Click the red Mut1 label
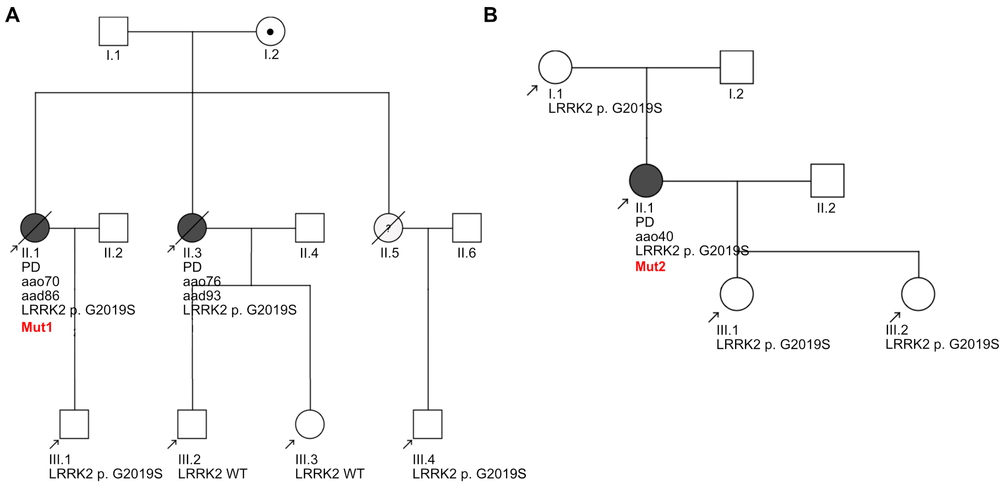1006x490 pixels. (37, 327)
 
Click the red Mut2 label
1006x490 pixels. (650, 266)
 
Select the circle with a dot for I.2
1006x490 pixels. (270, 31)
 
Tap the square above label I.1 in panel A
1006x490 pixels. (113, 31)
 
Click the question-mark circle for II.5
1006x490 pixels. (388, 228)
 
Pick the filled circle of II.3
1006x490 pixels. (192, 228)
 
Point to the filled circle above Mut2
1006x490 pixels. (646, 181)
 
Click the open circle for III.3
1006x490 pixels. (310, 424)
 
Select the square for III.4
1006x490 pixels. (428, 424)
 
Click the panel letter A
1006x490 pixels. (13, 15)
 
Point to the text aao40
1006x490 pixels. (654, 236)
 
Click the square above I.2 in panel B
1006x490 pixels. (737, 67)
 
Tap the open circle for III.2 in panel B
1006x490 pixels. (918, 294)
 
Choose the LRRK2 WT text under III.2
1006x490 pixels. (212, 473)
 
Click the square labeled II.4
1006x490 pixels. (310, 228)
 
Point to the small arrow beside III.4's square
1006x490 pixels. (407, 444)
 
